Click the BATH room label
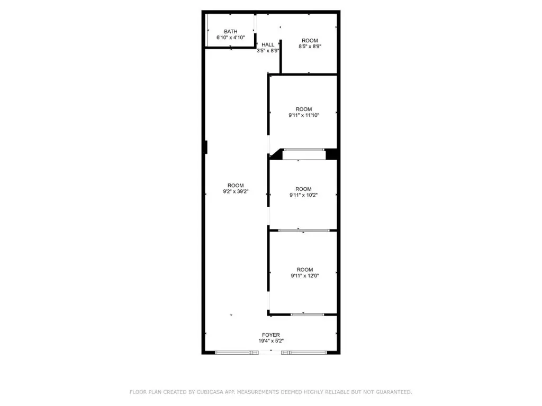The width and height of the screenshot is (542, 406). tap(231, 31)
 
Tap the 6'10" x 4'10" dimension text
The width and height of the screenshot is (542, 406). tap(231, 38)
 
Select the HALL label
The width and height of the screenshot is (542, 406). tap(268, 44)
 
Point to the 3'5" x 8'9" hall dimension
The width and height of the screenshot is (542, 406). tap(268, 50)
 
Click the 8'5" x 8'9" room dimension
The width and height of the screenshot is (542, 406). tap(310, 47)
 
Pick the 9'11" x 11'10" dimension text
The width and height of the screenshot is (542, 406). tap(304, 115)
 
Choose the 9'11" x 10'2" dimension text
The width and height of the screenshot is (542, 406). tap(303, 195)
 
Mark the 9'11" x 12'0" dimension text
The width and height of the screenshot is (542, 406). tap(305, 275)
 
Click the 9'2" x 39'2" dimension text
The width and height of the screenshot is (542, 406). tap(236, 191)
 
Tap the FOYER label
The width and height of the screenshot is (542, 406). tap(271, 335)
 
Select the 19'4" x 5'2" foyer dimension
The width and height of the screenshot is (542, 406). tap(271, 341)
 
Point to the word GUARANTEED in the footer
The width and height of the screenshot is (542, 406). tap(394, 392)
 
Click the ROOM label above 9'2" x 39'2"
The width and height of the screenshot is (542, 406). tap(236, 186)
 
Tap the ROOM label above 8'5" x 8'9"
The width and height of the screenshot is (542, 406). tap(310, 40)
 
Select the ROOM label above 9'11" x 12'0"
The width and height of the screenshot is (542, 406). tap(305, 270)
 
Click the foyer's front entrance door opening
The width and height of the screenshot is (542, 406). tap(270, 353)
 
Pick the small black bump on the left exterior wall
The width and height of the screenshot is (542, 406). tap(206, 147)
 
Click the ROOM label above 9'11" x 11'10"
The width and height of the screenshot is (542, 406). tap(304, 109)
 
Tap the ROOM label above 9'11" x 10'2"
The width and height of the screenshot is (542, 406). tap(303, 189)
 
